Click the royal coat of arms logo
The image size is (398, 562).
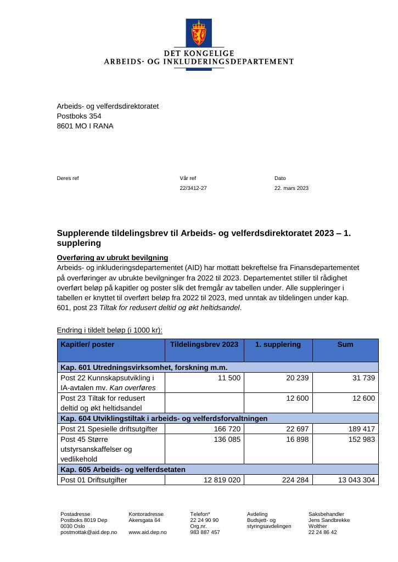[199, 33]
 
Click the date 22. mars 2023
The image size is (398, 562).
[292, 188]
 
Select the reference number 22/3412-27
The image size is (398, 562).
[193, 188]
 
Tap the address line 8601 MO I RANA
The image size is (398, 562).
[85, 126]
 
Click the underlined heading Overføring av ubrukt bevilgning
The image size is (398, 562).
[113, 258]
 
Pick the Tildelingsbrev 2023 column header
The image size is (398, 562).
[204, 345]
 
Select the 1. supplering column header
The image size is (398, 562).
[278, 345]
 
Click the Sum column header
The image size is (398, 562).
[345, 345]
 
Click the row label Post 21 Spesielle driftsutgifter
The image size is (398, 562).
[110, 429]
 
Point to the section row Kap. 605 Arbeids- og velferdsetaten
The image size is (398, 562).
[123, 469]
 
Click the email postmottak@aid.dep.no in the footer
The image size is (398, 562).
[88, 532]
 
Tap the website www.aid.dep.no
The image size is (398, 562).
[147, 532]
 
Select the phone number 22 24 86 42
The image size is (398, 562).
[323, 532]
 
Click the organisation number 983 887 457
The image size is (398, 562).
[205, 532]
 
